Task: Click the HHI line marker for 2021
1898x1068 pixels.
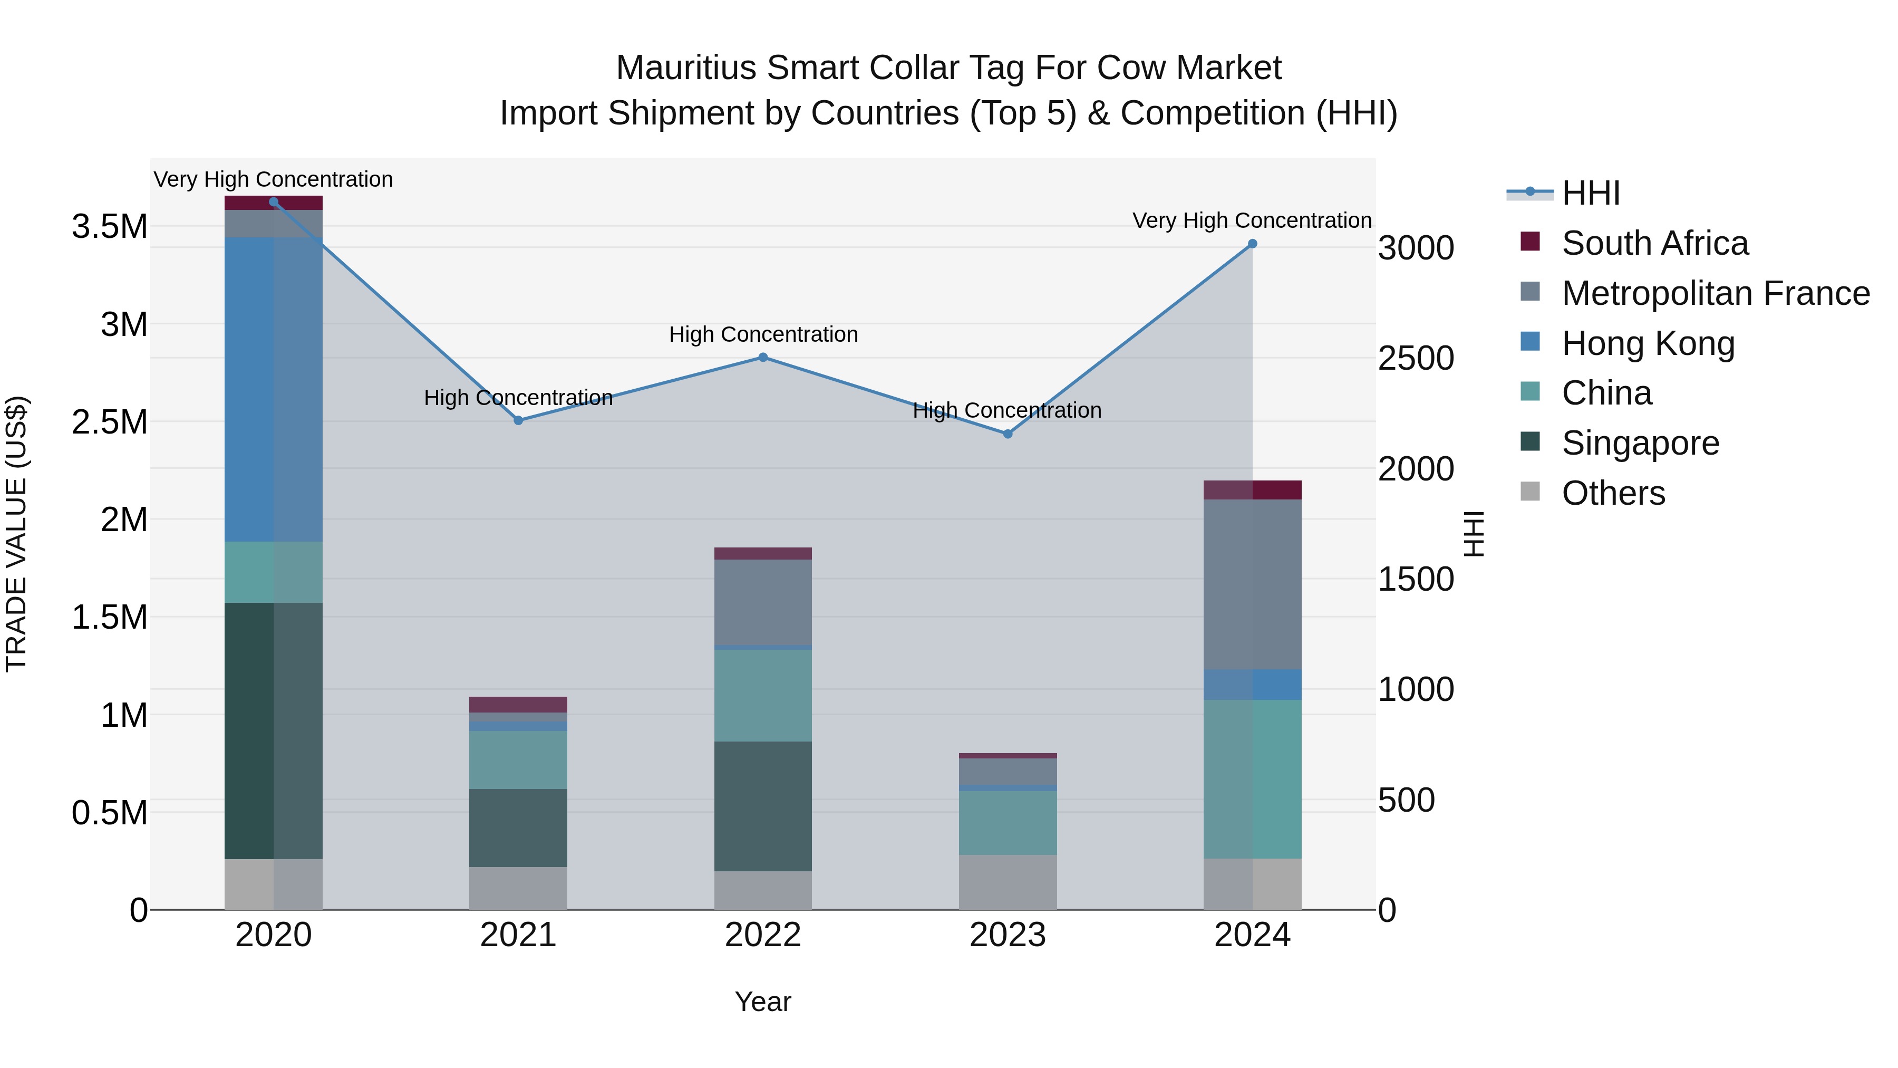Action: tap(518, 420)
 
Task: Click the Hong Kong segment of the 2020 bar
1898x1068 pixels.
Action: tap(273, 389)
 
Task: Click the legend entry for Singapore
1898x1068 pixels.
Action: tap(1640, 443)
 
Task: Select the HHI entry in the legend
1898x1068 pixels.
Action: tap(1590, 193)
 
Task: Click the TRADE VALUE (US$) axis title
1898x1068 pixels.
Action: tap(16, 534)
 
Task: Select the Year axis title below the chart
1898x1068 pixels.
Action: tap(762, 1002)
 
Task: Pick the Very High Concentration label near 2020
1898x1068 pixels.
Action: tap(273, 179)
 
